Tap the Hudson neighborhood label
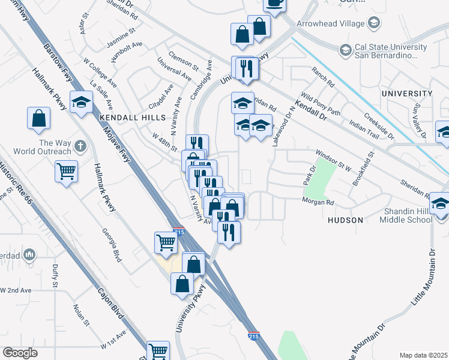point(345,220)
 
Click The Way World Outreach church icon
point(80,145)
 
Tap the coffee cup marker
point(274,4)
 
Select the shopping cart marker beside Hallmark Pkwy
point(66,171)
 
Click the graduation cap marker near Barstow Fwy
point(81,102)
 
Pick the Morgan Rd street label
point(318,202)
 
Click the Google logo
point(20,353)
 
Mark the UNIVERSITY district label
point(407,94)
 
